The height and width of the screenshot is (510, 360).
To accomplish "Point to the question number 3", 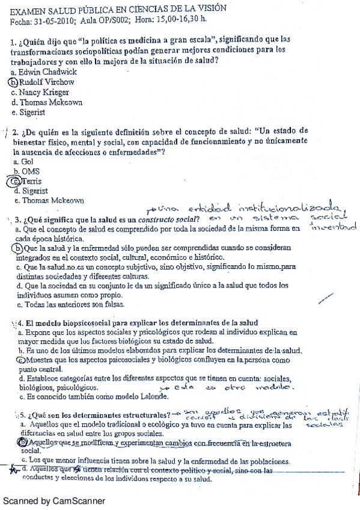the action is click(19, 219).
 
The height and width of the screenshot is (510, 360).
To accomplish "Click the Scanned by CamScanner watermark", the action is click(54, 500).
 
